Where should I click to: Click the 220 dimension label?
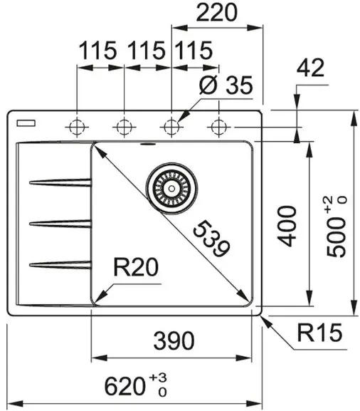(217, 13)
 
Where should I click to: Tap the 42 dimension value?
(310, 68)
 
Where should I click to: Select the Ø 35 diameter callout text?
(226, 85)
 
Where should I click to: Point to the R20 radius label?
(136, 267)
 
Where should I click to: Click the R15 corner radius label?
(319, 333)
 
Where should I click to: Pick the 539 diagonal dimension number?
(211, 239)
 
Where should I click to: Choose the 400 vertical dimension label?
(287, 227)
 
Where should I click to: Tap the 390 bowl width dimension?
(174, 340)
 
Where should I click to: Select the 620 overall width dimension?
(125, 386)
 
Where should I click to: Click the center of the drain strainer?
(171, 188)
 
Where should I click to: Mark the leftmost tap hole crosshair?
(77, 127)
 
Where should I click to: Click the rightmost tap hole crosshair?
(219, 127)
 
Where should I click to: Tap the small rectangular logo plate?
(26, 123)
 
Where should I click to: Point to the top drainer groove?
(60, 182)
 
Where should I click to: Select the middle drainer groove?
(60, 224)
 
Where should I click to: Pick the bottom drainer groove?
(60, 265)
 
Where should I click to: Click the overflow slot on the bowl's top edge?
(148, 144)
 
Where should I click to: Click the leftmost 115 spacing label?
(97, 50)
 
